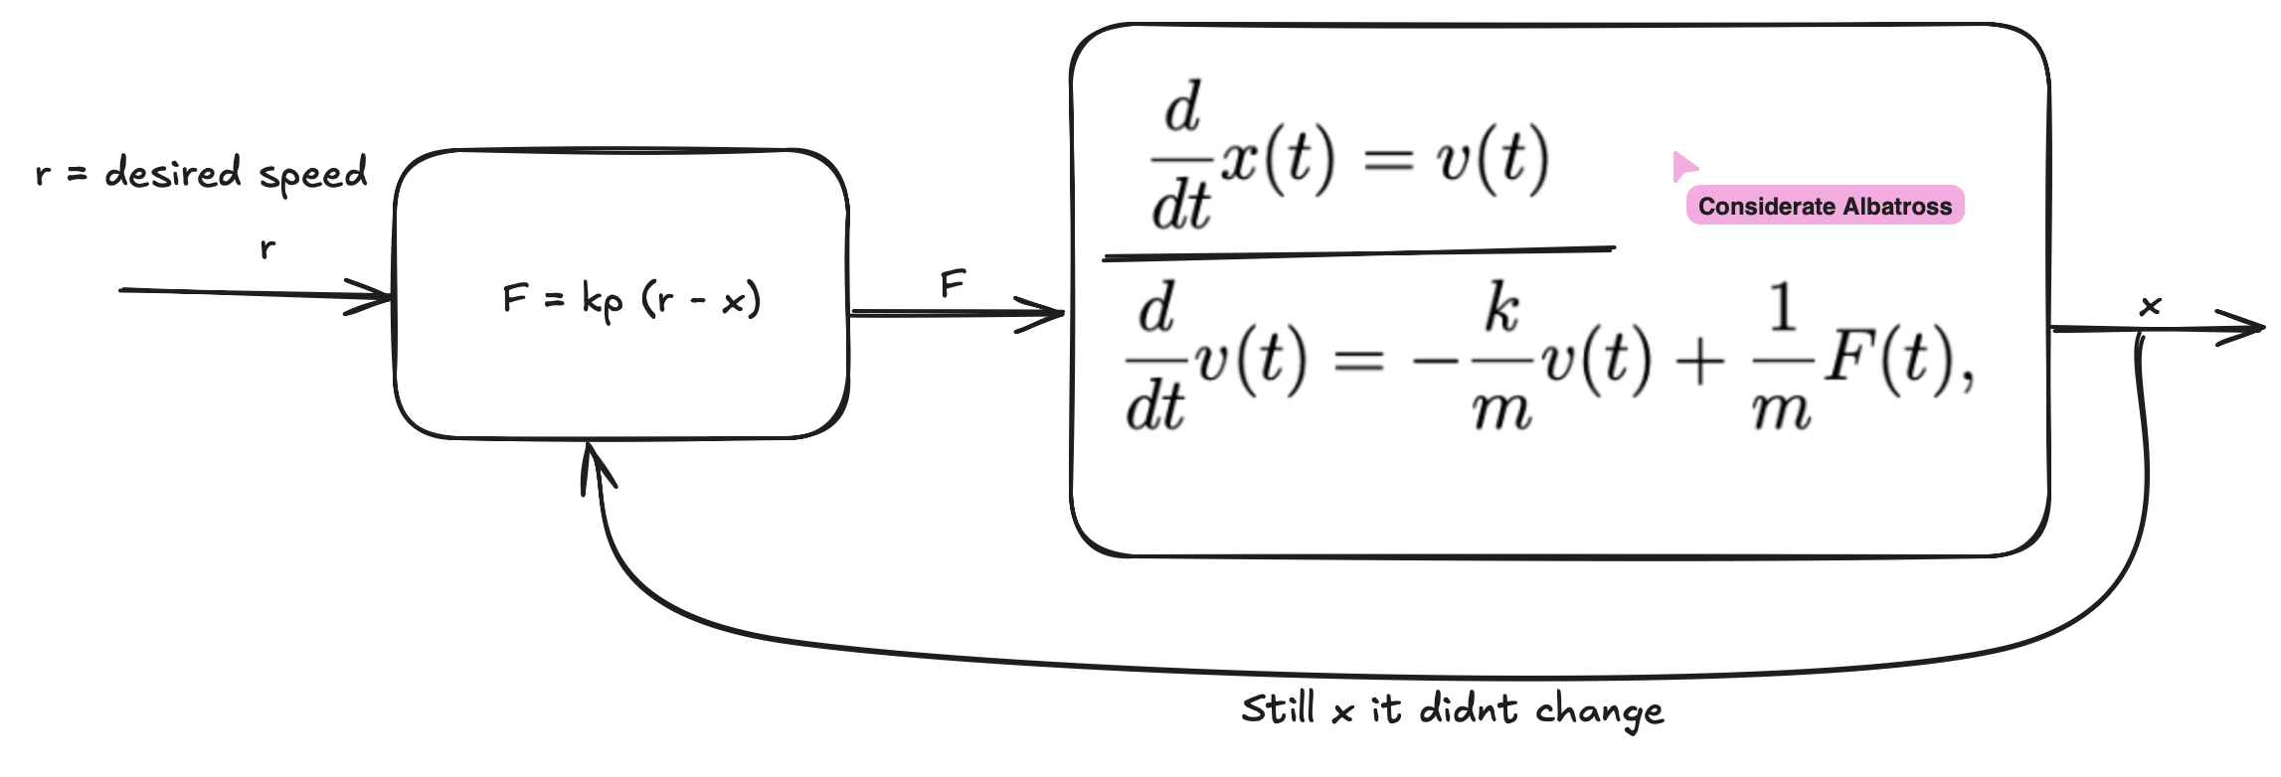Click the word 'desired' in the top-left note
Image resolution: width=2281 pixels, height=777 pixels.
coord(173,173)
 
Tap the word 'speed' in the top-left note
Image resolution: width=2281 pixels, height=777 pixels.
coord(313,176)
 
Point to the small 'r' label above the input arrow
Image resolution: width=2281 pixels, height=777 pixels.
coord(266,247)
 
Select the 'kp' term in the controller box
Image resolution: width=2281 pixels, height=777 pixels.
coord(603,299)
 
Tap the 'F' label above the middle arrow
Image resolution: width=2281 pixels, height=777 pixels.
coord(953,285)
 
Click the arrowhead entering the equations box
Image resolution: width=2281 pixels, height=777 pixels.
coord(1049,315)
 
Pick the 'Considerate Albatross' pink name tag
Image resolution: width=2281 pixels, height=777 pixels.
coord(1825,206)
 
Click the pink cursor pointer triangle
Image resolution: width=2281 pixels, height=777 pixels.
coord(1683,166)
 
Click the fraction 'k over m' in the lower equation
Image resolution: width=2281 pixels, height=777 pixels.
coord(1501,358)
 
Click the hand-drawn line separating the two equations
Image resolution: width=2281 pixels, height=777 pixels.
coord(1358,253)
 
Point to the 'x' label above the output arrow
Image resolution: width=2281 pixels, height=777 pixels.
coord(2150,306)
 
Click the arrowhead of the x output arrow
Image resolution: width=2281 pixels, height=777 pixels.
coord(2249,327)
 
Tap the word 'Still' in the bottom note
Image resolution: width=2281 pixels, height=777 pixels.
coord(1278,709)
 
